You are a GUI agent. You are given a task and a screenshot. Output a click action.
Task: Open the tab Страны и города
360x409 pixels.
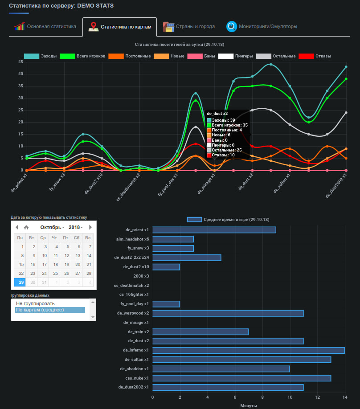189,27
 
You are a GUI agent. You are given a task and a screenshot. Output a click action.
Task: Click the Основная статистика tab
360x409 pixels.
45,27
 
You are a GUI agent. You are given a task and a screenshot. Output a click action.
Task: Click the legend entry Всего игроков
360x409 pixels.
85,56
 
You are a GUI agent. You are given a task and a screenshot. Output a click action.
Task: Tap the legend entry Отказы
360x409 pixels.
317,56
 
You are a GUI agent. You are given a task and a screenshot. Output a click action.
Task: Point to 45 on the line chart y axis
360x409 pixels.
20,62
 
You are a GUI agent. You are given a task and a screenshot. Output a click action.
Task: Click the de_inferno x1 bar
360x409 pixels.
248,350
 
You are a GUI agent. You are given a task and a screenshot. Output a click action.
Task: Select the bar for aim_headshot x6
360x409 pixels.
173,239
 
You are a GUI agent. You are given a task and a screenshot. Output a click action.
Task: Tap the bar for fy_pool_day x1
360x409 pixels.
166,304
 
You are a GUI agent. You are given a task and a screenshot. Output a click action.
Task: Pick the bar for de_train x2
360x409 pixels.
200,332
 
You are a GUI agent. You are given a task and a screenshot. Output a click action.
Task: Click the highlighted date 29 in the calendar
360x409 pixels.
21,282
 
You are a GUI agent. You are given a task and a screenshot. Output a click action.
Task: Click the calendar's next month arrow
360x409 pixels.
90,227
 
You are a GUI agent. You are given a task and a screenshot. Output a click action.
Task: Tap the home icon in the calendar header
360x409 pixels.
26,227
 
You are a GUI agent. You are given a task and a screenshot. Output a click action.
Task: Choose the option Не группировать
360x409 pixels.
35,303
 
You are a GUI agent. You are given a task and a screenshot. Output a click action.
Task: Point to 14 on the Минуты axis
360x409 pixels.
344,397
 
